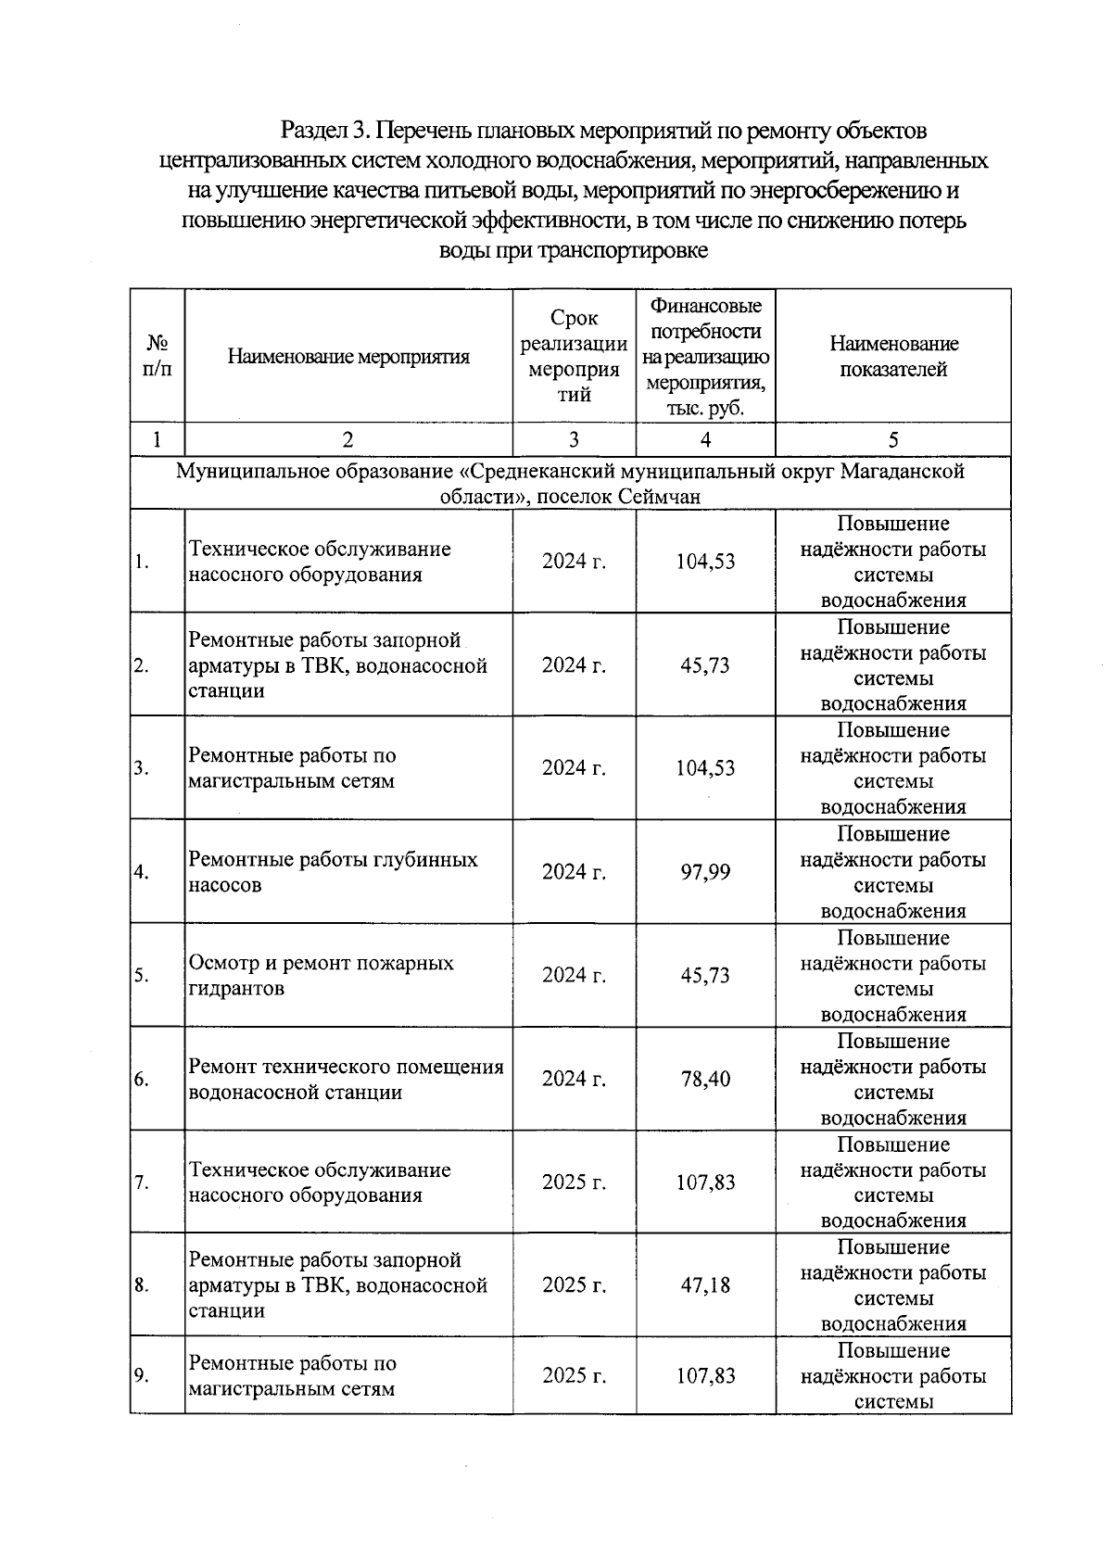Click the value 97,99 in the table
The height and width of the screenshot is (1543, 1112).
click(705, 871)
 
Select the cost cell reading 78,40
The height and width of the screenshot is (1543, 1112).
click(705, 1079)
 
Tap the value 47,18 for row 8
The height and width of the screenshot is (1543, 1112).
click(705, 1284)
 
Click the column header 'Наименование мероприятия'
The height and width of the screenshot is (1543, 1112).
click(348, 357)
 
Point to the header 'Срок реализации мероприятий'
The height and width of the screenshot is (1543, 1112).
click(574, 357)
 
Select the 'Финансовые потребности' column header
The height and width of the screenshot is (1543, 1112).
click(705, 357)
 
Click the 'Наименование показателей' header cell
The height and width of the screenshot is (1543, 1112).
click(892, 357)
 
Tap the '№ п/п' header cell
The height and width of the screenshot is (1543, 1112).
click(157, 357)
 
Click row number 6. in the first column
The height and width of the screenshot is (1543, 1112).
click(142, 1079)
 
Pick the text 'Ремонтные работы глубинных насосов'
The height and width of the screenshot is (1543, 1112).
click(333, 871)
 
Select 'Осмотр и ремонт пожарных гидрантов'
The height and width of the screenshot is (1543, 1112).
click(321, 975)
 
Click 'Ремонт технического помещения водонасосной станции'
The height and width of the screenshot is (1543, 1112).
click(346, 1079)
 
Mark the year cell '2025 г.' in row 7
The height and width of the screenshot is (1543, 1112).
click(574, 1182)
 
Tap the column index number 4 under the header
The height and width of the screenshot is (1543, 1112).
click(705, 439)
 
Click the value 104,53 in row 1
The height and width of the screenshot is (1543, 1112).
click(705, 561)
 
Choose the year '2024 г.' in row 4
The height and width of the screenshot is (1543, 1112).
click(574, 871)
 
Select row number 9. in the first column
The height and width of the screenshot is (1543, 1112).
click(142, 1375)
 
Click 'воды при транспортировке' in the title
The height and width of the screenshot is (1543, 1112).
click(573, 250)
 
